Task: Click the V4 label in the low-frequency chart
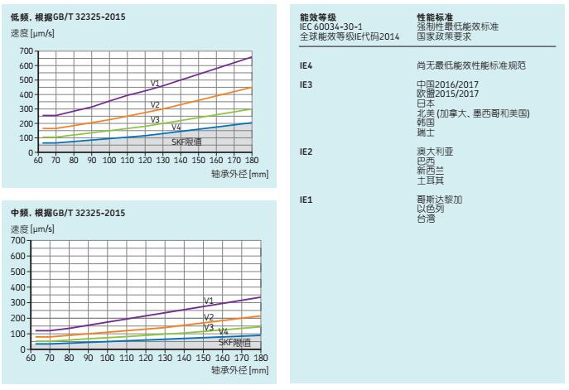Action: click(x=176, y=128)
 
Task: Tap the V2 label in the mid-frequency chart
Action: click(x=209, y=317)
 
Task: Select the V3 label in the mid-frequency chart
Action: click(x=209, y=328)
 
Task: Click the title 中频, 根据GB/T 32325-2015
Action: click(x=62, y=213)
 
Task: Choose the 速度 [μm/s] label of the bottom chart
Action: click(x=31, y=229)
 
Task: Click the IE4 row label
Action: click(x=305, y=64)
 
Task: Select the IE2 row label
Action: click(x=305, y=152)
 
